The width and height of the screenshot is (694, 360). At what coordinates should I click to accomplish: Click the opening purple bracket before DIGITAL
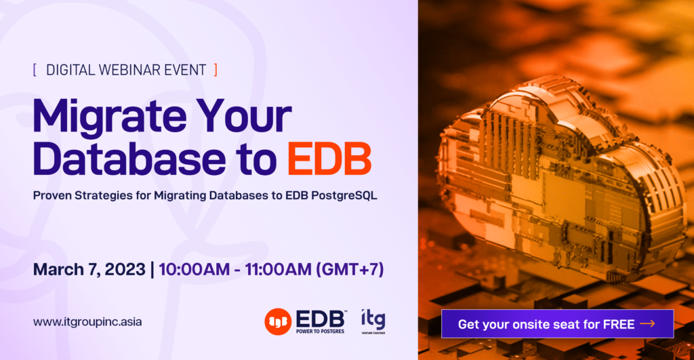coord(35,69)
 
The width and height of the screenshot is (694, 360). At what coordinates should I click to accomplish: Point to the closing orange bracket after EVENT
coord(216,69)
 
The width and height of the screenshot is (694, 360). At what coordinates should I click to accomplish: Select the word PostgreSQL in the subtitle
coord(346,195)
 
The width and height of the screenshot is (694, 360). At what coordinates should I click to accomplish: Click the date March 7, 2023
coord(89,269)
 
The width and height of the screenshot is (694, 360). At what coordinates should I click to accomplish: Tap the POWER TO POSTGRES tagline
coord(322,331)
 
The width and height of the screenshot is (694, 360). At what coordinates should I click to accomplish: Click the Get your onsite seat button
coord(556,324)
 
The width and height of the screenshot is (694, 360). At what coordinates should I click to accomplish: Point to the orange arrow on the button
coord(647,324)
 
